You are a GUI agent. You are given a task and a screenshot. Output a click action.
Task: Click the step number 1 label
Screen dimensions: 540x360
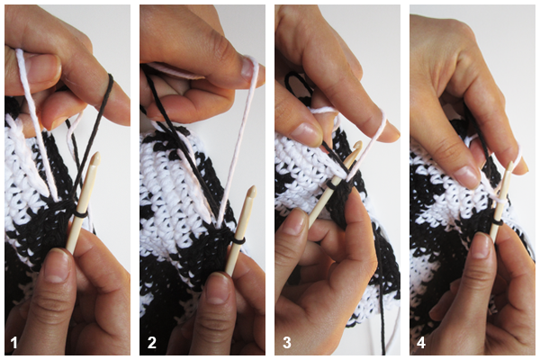[13, 343]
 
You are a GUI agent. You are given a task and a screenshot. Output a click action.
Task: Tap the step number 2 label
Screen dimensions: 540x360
[151, 343]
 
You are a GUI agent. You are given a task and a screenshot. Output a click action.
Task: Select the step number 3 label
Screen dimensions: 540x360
[287, 343]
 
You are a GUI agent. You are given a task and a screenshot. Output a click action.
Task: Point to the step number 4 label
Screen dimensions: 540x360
[421, 343]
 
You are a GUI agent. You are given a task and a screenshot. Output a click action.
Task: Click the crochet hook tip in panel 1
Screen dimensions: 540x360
[96, 157]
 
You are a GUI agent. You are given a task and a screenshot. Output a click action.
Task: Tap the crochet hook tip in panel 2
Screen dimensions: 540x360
[252, 191]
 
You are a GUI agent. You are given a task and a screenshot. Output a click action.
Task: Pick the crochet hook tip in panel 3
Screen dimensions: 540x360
[358, 145]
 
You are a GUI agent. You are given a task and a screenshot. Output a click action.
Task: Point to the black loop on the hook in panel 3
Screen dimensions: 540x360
[331, 185]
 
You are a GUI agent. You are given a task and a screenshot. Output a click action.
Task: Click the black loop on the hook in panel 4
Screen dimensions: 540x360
[496, 223]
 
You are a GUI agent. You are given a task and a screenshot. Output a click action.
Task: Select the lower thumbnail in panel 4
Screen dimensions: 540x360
[481, 246]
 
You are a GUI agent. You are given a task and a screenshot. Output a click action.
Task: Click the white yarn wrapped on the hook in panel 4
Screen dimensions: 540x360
[499, 198]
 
